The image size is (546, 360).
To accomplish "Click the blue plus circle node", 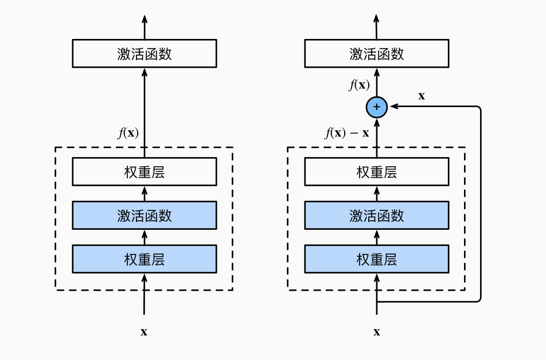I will pyautogui.click(x=377, y=107).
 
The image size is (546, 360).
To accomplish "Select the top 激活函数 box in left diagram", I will pyautogui.click(x=144, y=53).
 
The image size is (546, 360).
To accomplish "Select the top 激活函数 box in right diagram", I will pyautogui.click(x=377, y=53).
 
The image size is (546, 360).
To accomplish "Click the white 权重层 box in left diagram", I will pyautogui.click(x=144, y=171).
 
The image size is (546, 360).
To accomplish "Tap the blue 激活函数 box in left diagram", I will pyautogui.click(x=144, y=215).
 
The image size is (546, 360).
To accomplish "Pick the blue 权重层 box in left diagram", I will pyautogui.click(x=144, y=259).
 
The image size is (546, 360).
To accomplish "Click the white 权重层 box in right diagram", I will pyautogui.click(x=377, y=171).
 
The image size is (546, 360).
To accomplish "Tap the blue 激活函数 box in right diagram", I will pyautogui.click(x=377, y=215).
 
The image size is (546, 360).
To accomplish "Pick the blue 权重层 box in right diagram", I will pyautogui.click(x=377, y=259).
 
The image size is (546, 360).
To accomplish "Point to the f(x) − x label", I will pyautogui.click(x=346, y=134).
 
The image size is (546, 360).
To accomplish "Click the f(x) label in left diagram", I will pyautogui.click(x=128, y=133).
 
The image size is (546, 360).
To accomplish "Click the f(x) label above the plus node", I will pyautogui.click(x=359, y=85).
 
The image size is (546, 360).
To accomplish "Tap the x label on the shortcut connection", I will pyautogui.click(x=422, y=96).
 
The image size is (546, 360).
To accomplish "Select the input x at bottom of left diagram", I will pyautogui.click(x=144, y=331).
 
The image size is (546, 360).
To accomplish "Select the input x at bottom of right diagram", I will pyautogui.click(x=377, y=331).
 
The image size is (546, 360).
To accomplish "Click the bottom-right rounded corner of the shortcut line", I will pyautogui.click(x=478, y=299).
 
